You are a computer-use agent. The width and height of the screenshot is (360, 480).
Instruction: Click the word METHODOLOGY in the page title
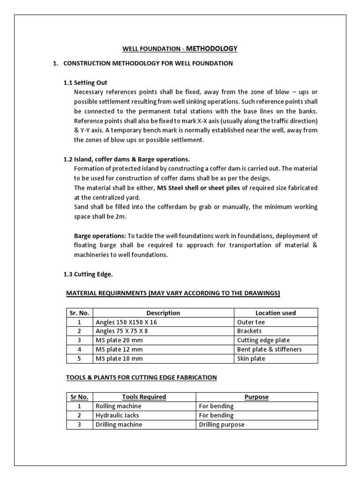point(212,48)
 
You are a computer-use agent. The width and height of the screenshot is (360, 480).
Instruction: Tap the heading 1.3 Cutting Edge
point(88,274)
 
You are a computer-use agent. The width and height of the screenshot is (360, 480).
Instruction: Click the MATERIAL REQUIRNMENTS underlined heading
point(173,293)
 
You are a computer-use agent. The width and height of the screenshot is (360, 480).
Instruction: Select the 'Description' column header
point(163,313)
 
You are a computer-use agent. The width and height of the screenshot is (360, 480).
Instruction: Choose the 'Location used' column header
point(275,313)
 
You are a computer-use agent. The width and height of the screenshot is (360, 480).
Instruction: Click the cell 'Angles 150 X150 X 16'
point(124,322)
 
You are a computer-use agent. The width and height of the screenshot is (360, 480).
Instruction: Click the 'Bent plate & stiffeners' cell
point(270,349)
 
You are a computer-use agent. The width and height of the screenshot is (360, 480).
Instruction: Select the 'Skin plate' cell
point(251,359)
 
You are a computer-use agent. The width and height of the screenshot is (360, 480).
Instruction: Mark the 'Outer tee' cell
point(251,322)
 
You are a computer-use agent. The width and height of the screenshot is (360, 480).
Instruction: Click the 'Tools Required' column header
point(144,397)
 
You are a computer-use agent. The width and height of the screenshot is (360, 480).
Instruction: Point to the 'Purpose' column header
point(256,397)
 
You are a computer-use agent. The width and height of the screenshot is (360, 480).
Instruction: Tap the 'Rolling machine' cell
point(118,406)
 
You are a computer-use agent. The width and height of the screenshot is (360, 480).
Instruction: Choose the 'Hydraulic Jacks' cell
point(117,415)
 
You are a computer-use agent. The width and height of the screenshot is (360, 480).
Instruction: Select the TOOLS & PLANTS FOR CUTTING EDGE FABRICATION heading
point(141,377)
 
